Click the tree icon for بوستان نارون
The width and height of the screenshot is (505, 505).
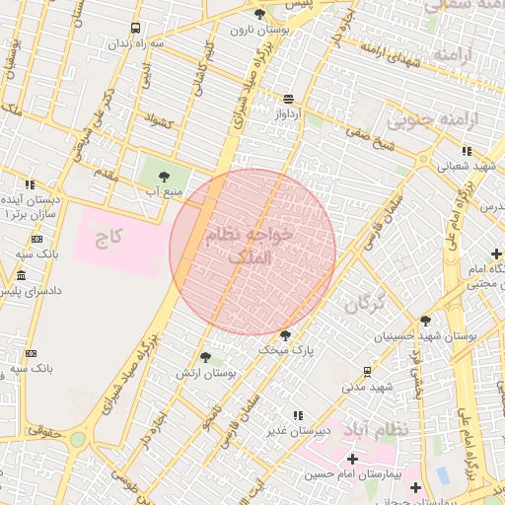(259, 14)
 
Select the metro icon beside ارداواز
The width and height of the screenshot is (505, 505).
(288, 99)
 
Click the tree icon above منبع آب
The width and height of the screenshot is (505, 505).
(164, 176)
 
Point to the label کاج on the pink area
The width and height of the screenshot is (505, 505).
(108, 238)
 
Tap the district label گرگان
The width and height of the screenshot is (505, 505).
(364, 303)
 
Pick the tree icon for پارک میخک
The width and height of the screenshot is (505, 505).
(286, 335)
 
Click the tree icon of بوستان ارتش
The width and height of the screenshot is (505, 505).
(205, 358)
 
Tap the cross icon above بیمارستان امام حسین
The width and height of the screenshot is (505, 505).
(352, 459)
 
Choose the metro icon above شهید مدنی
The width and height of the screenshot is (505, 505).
(367, 372)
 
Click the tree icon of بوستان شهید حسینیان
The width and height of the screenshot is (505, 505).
(425, 321)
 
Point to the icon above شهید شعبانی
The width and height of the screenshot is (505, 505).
(467, 151)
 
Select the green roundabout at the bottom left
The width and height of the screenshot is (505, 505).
(77, 438)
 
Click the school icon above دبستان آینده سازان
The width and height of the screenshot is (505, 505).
(31, 184)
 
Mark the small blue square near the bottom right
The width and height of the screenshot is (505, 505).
(442, 475)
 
